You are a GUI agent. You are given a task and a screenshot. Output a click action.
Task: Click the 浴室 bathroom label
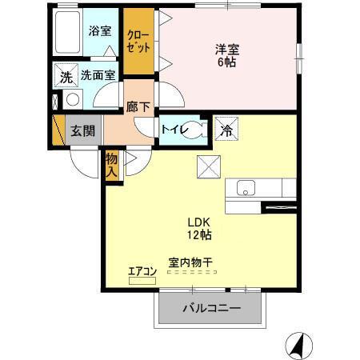pos(100,32)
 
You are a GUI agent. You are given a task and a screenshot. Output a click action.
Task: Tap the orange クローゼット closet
pos(138,42)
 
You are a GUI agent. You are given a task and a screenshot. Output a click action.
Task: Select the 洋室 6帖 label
pos(227,54)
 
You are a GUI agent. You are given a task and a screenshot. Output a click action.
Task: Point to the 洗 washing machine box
pos(65,77)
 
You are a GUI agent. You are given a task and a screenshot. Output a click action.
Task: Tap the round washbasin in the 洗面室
pos(72,100)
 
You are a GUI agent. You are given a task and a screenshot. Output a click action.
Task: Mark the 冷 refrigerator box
pos(226,128)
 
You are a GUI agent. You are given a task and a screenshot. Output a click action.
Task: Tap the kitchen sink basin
pos(245,189)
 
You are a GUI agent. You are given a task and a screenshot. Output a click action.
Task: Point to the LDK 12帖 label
pos(199,229)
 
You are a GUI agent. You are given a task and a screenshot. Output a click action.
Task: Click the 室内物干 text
pos(192,262)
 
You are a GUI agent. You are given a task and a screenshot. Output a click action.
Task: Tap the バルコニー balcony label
pos(211,308)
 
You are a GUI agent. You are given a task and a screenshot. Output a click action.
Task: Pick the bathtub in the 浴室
pos(67,31)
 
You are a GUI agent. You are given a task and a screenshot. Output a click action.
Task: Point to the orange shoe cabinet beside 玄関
pos(58,130)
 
